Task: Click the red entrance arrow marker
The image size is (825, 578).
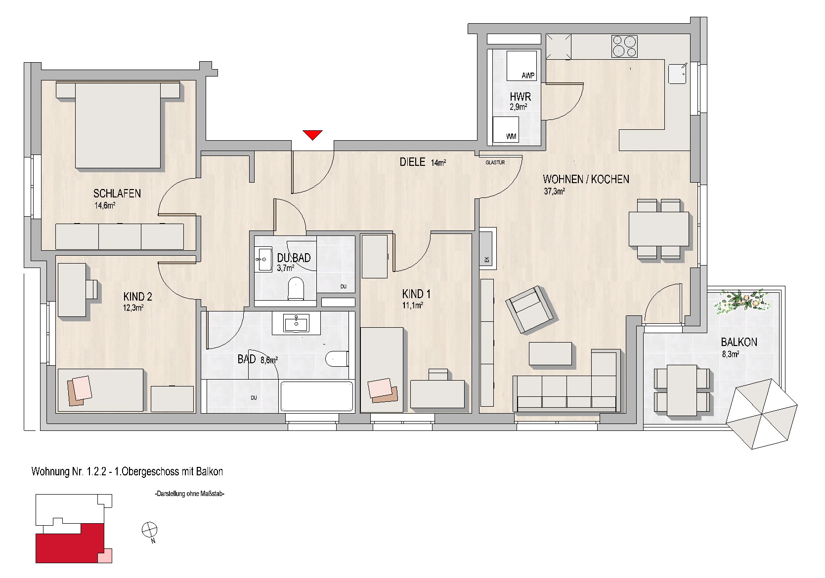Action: click(x=312, y=135)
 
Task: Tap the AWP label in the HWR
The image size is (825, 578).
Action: click(x=528, y=76)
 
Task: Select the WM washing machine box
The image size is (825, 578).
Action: click(x=506, y=129)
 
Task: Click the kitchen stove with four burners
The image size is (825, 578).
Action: click(x=624, y=46)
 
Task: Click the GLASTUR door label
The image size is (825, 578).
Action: click(x=495, y=162)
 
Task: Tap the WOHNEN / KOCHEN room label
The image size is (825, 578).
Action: click(x=586, y=180)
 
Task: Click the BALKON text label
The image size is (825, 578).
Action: click(x=739, y=343)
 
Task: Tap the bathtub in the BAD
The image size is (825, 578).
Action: click(x=316, y=396)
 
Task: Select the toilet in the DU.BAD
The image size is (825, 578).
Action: click(x=296, y=289)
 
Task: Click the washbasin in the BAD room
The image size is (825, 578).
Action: click(x=296, y=323)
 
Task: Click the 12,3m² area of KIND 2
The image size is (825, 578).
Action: click(x=133, y=308)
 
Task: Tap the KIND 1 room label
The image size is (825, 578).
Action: click(x=416, y=294)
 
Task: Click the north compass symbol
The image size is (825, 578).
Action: click(x=150, y=531)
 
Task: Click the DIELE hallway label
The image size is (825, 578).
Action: click(x=412, y=162)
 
